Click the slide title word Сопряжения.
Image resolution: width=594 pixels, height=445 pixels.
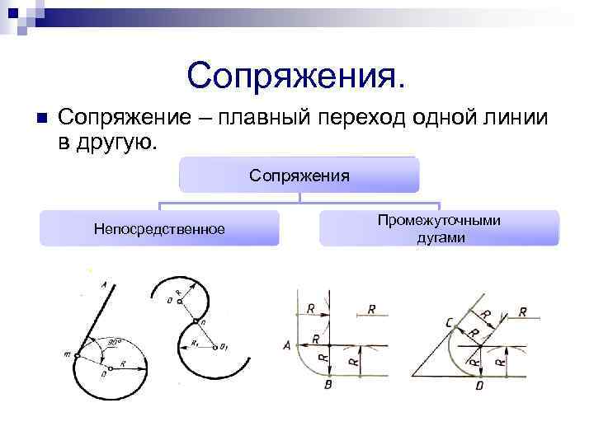(x=296, y=76)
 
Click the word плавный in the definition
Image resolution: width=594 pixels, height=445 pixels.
(x=252, y=118)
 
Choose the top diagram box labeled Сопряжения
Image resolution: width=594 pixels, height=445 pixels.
(x=299, y=176)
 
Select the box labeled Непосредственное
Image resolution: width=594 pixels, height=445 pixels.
(x=159, y=228)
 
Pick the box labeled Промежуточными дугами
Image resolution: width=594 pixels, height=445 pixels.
(x=439, y=228)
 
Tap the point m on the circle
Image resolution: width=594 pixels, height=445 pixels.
(x=68, y=355)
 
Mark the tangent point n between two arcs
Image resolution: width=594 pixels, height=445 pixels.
(x=196, y=321)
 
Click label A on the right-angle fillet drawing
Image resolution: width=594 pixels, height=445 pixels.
(x=286, y=347)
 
